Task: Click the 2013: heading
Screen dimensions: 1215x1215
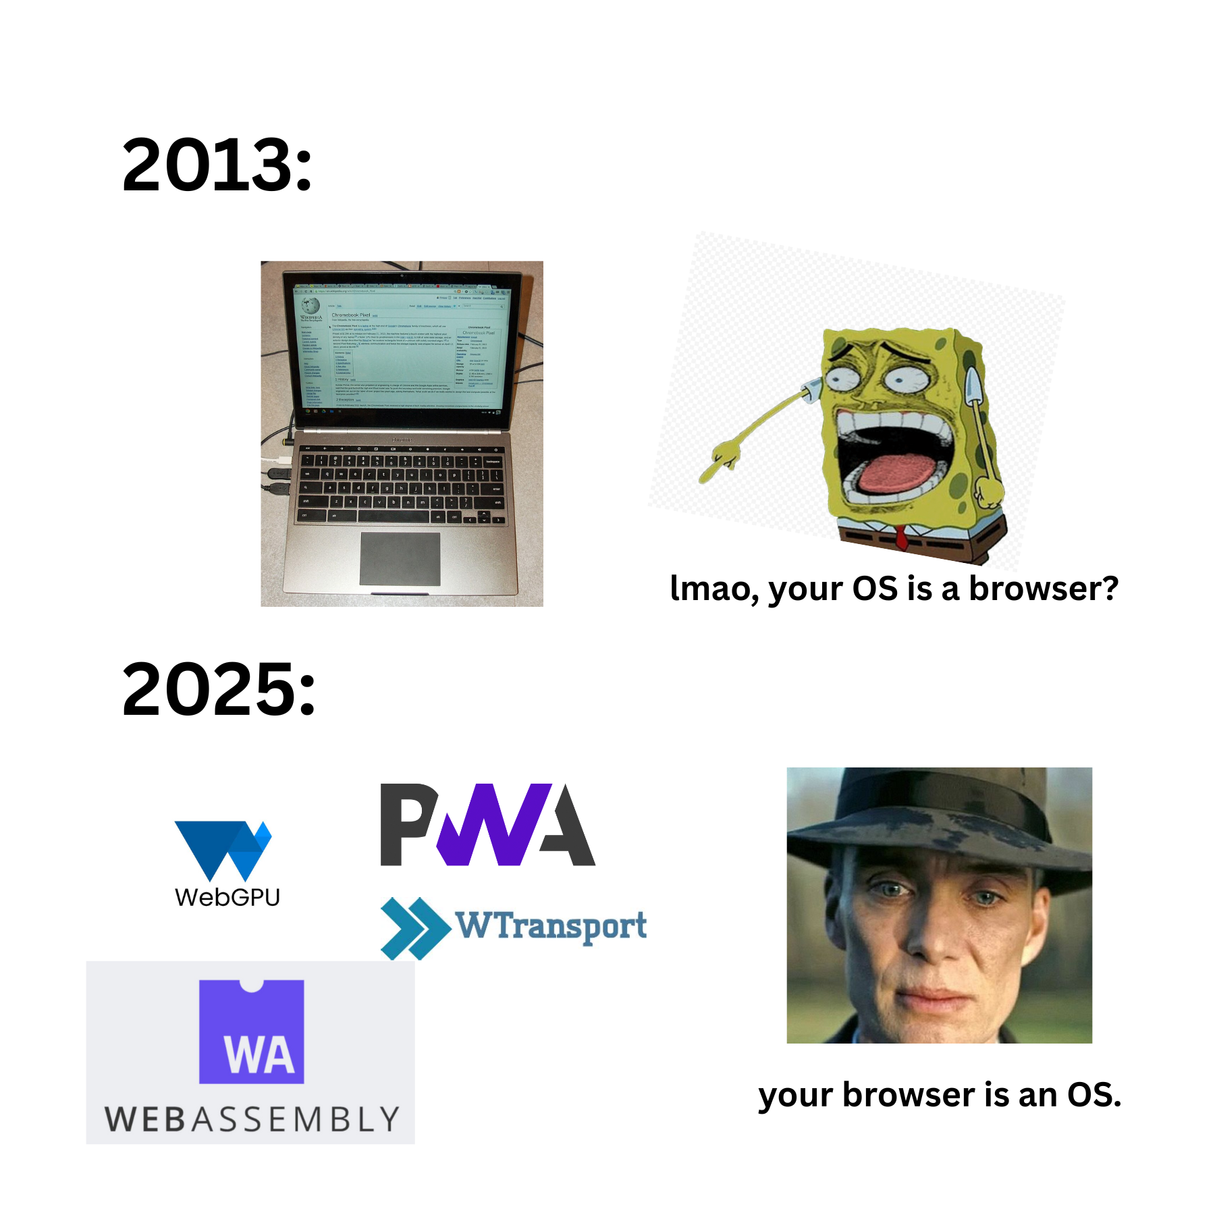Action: pos(217,165)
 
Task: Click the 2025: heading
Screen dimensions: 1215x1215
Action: pos(219,689)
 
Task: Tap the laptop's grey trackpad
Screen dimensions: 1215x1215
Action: pos(400,559)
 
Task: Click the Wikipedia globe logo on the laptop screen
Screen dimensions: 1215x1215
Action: pos(310,306)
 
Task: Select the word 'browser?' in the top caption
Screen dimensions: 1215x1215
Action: pos(1044,589)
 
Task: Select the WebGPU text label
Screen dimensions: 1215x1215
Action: pos(227,898)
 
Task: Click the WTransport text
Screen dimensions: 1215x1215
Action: pos(551,925)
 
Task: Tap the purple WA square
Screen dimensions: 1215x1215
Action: pos(251,1032)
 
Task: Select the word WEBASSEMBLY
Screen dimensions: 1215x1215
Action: pos(252,1120)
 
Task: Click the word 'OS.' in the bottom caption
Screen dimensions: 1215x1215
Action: pos(1093,1095)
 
